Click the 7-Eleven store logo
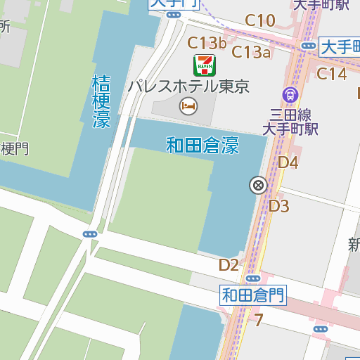click(x=205, y=65)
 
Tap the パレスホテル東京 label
click(x=189, y=87)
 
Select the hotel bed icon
click(x=188, y=106)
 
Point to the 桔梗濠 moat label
click(x=101, y=101)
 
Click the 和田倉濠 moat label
click(x=202, y=146)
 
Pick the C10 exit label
click(x=260, y=20)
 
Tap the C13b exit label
click(x=207, y=44)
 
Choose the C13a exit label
click(x=251, y=51)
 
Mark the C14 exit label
click(x=332, y=74)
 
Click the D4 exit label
click(x=288, y=163)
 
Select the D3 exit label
click(x=280, y=206)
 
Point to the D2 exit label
click(x=229, y=264)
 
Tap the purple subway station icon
click(x=290, y=94)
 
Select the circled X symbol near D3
click(x=258, y=185)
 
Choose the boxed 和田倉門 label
click(x=254, y=295)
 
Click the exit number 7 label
click(x=259, y=321)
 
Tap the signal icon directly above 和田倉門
click(x=252, y=278)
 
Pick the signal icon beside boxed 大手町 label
click(x=308, y=46)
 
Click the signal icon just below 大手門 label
click(x=174, y=15)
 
